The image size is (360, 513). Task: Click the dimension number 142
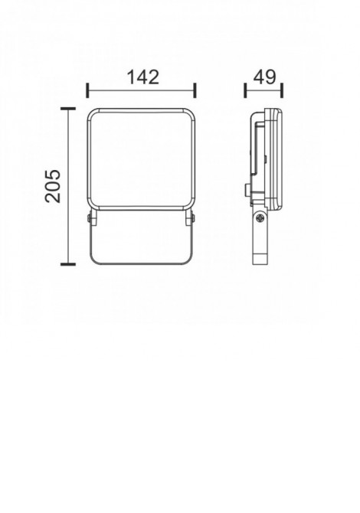tap(142, 77)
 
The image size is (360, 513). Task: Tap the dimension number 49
tap(263, 77)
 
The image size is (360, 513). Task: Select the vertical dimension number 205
tap(52, 185)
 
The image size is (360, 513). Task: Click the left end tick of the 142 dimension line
tap(87, 90)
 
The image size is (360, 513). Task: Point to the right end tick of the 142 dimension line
tap(195, 90)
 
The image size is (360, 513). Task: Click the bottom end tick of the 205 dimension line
tap(68, 264)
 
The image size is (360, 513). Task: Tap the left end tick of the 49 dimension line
tap(245, 90)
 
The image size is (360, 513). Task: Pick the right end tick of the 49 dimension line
tap(283, 90)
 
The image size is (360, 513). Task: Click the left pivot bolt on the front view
tap(90, 219)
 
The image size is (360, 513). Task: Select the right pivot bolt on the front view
tap(192, 219)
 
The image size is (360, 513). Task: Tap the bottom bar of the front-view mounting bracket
tap(141, 263)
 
